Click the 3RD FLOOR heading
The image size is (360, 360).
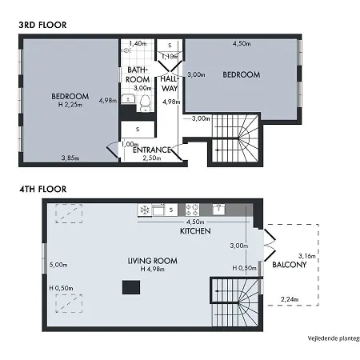(42, 25)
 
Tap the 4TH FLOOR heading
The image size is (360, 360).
(42, 189)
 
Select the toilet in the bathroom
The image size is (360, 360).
(146, 103)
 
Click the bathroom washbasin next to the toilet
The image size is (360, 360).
(128, 98)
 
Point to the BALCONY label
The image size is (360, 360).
(290, 265)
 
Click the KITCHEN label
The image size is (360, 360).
(195, 231)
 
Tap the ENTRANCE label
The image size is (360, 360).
(152, 150)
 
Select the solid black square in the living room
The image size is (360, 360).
(131, 287)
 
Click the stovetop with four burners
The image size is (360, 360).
(192, 210)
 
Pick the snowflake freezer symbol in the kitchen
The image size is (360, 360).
(145, 210)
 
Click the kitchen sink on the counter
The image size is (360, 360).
(218, 210)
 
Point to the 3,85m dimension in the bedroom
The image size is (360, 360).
(70, 158)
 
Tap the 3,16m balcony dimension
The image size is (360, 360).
(307, 256)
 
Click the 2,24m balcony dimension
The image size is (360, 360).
(290, 299)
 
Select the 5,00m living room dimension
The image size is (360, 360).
(58, 265)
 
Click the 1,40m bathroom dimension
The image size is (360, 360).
(138, 43)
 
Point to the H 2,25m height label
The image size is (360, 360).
(70, 105)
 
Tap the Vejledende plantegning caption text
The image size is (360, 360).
(334, 338)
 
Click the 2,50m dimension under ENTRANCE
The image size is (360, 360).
(152, 158)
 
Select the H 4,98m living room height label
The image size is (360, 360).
(153, 269)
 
